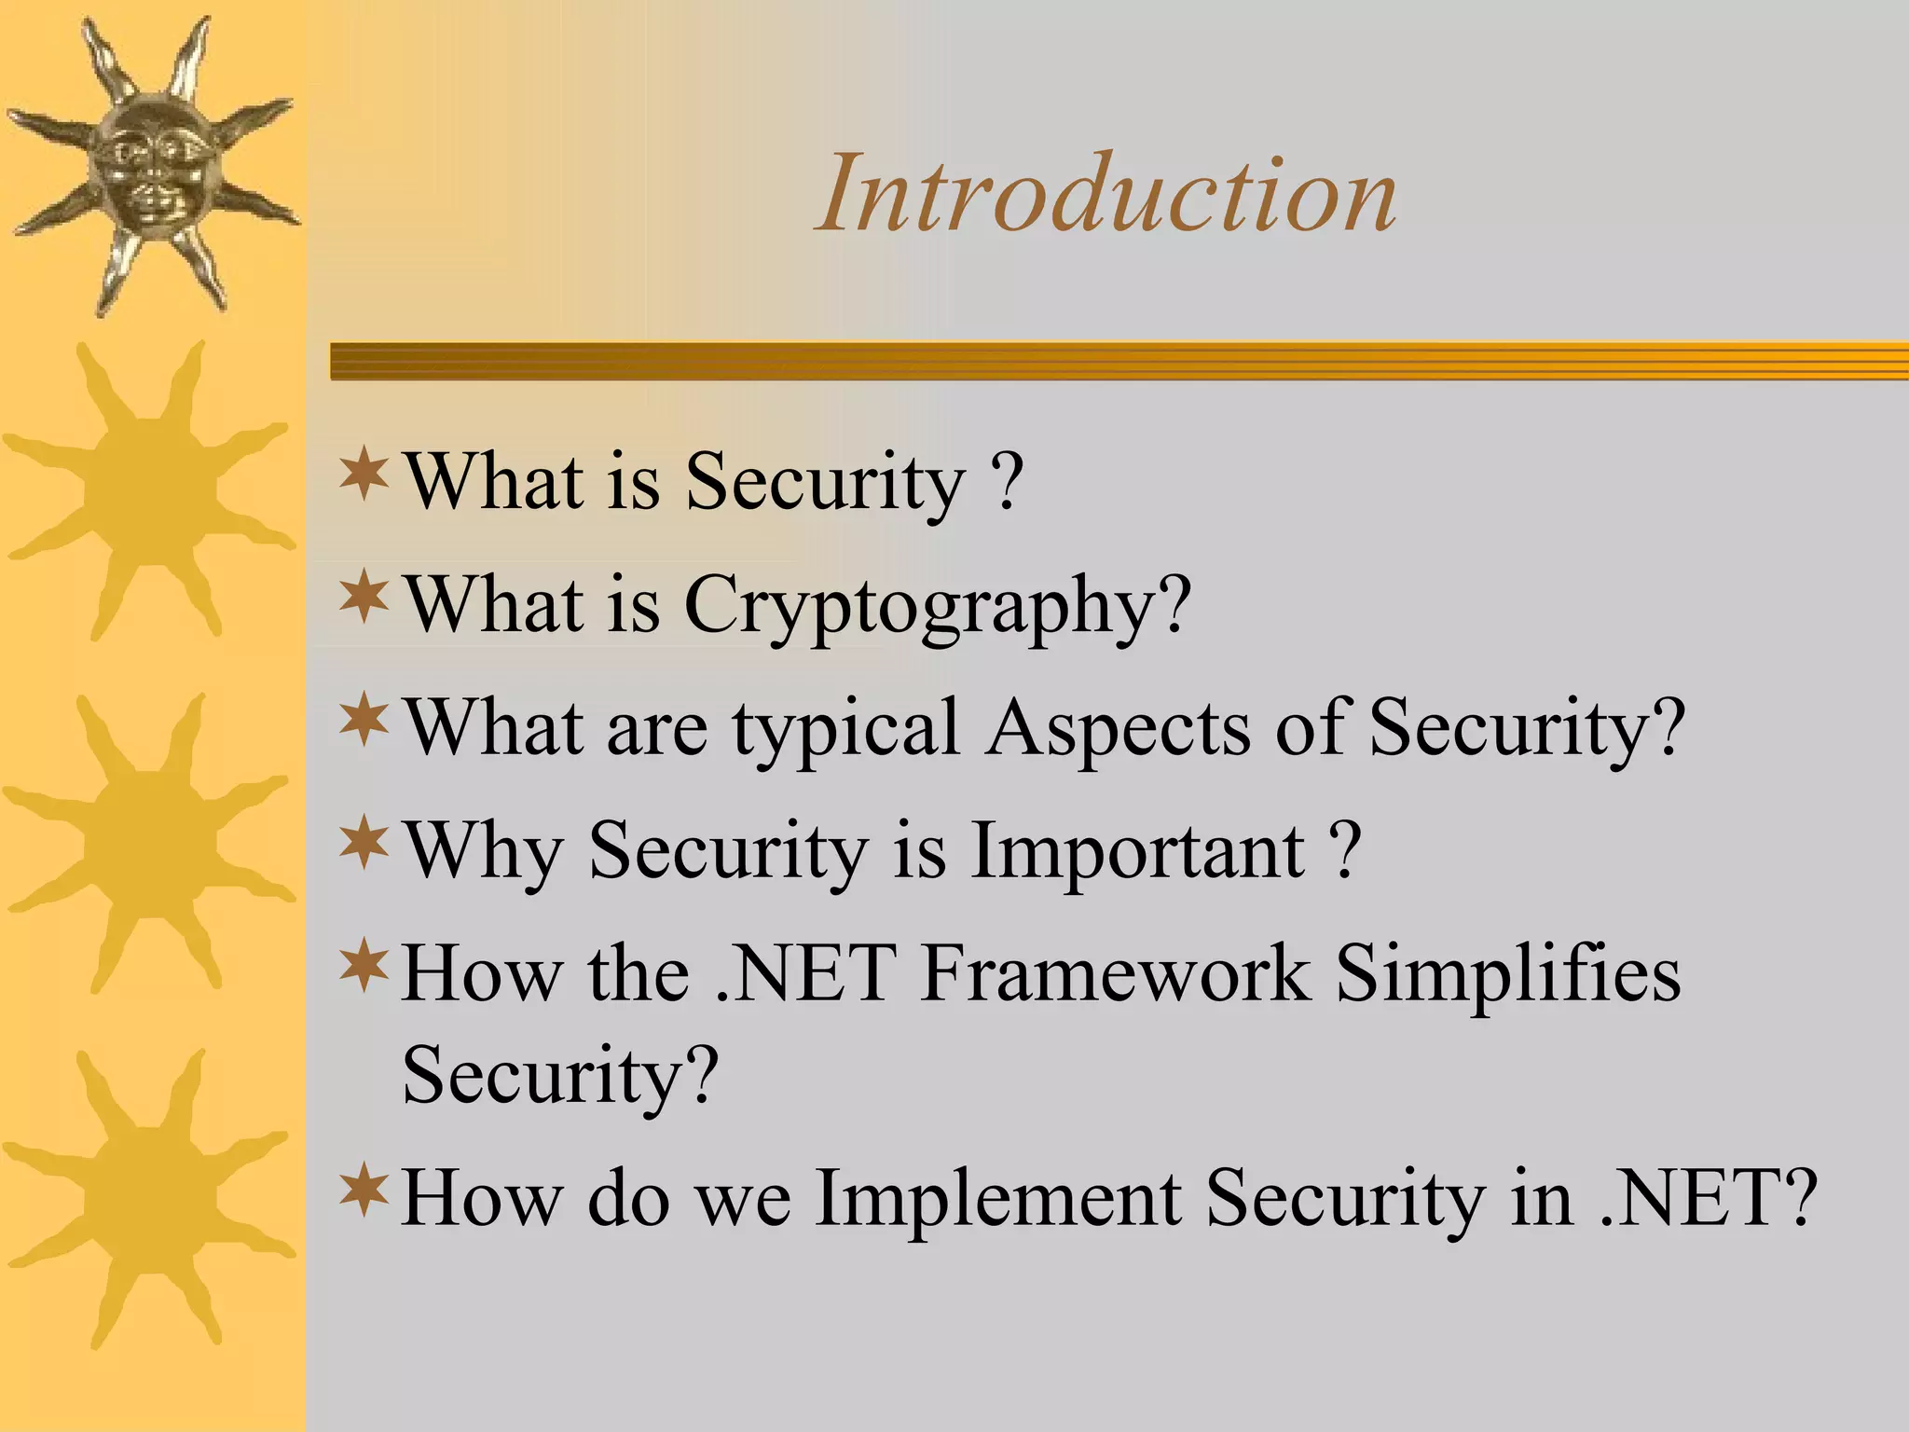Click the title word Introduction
pyautogui.click(x=1106, y=194)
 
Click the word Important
pyautogui.click(x=1137, y=851)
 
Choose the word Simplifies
pyautogui.click(x=1507, y=974)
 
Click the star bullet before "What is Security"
pyautogui.click(x=364, y=474)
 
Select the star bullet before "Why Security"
pyautogui.click(x=364, y=842)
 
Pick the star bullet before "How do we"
pyautogui.click(x=364, y=1190)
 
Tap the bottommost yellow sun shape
pyautogui.click(x=149, y=1198)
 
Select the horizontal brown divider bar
pyautogui.click(x=1119, y=361)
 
